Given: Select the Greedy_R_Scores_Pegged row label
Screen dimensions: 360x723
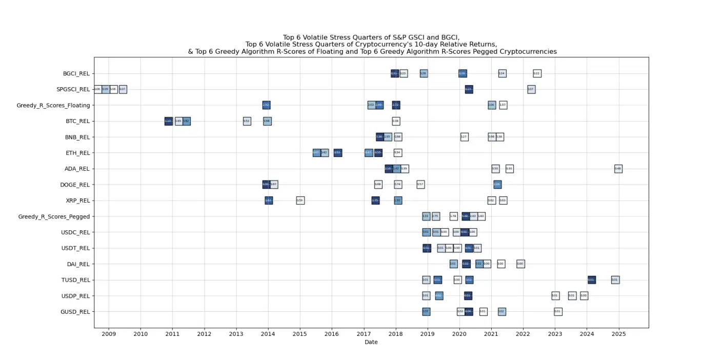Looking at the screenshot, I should pos(54,216).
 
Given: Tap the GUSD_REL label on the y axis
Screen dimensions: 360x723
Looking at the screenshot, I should pos(75,311).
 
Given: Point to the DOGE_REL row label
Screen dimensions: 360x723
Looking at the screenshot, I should pos(75,185).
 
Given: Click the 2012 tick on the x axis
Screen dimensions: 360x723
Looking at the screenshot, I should pos(204,334).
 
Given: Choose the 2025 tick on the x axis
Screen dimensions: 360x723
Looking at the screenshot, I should pos(619,334).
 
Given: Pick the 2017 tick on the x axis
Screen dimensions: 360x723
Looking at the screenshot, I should pos(364,334).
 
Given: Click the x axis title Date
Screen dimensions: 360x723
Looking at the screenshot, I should pos(371,342).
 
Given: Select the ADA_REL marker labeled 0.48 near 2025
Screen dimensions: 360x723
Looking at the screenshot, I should pos(618,169).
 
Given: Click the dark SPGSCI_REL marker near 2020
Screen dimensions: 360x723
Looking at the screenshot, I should pos(469,89).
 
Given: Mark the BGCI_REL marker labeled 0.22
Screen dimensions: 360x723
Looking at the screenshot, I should pos(537,73).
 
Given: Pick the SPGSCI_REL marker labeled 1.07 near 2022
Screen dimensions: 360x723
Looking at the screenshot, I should pos(531,89).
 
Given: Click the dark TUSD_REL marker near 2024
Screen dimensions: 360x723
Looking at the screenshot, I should pos(591,279).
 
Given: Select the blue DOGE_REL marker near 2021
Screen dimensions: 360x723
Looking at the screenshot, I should pos(497,185).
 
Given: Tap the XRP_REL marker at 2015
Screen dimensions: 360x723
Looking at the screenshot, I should pos(300,201).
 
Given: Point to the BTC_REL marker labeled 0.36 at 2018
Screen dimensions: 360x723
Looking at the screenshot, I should pos(396,121).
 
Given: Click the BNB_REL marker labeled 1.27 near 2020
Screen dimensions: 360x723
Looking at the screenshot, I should pos(464,137).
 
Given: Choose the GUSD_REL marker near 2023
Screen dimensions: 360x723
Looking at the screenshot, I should pos(558,311).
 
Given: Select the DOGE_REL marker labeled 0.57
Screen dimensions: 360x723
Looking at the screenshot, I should pos(420,185).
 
